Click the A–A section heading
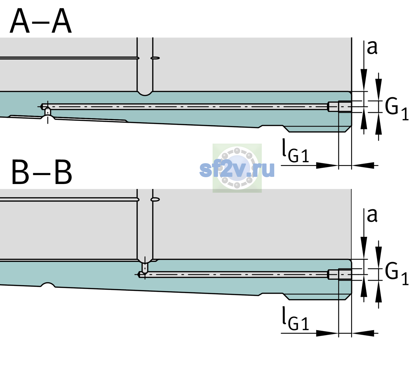point(41,21)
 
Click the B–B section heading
point(42,172)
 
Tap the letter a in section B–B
point(372,215)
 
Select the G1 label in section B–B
point(397,274)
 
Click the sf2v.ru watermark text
point(237,169)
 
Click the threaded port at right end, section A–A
point(340,107)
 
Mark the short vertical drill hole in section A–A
point(48,112)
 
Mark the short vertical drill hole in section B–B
point(145,268)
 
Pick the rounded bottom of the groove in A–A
point(145,94)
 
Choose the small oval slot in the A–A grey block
point(155,58)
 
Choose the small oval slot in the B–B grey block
point(155,200)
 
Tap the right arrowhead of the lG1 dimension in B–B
point(363,333)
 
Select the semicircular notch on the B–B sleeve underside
point(48,285)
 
